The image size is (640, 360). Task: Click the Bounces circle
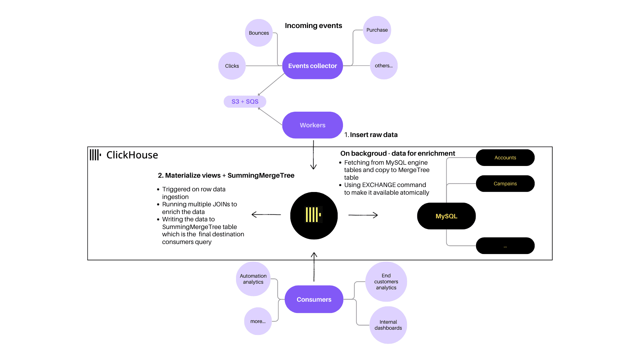(259, 33)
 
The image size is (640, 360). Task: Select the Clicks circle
(232, 66)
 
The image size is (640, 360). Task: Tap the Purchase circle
(377, 30)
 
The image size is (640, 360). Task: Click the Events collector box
(313, 66)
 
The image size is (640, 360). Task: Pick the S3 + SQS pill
(245, 102)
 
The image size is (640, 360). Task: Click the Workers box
(313, 125)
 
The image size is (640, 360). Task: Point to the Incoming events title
(313, 26)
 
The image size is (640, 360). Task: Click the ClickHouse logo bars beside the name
(95, 155)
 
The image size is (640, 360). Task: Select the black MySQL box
(446, 216)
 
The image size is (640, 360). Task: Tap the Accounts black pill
(505, 158)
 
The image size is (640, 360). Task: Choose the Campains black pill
(505, 184)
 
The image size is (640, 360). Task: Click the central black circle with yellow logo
(314, 216)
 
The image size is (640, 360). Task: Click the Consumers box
(314, 299)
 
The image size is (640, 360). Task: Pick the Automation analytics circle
(253, 279)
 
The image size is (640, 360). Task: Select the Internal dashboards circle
(388, 325)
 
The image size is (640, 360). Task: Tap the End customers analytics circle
(386, 282)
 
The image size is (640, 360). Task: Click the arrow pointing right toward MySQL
(363, 215)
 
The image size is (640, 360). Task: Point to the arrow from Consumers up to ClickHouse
(314, 267)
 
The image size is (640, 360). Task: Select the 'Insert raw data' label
(374, 135)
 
